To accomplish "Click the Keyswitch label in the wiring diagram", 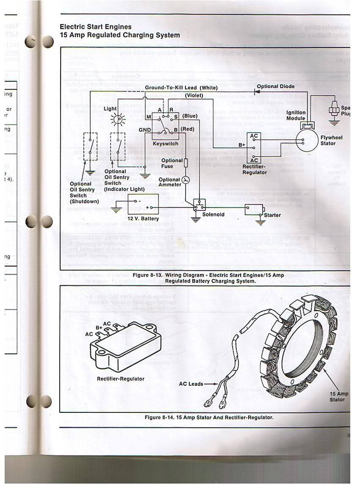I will tap(165, 144).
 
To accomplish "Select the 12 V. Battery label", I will tap(143, 218).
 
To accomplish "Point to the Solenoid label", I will tap(213, 215).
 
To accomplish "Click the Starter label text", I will tap(272, 215).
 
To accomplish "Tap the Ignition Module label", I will tap(296, 115).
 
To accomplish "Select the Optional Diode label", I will tap(275, 86).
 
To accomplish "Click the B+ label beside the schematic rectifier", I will tap(242, 145).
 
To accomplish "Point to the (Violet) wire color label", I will tap(194, 96).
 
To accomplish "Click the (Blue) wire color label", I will tap(190, 116).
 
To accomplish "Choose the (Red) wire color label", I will tap(187, 129).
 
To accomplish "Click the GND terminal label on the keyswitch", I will tap(145, 130).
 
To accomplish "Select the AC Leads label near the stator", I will tap(191, 384).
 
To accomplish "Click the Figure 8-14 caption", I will tap(209, 418).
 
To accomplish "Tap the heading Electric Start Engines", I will tap(95, 27).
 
